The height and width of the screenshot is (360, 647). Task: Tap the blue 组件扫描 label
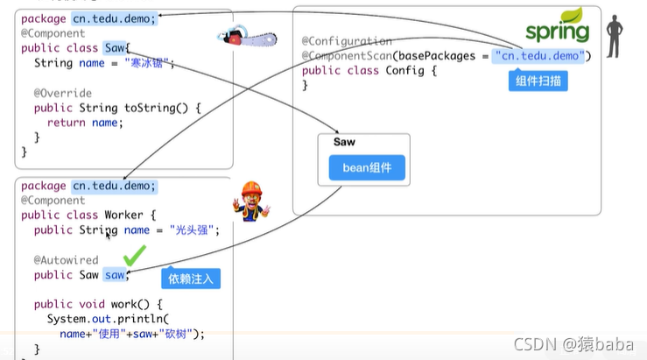(x=538, y=81)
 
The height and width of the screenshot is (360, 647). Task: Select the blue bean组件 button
(x=367, y=167)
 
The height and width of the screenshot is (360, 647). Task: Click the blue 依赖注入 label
(x=191, y=279)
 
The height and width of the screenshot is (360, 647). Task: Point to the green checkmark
(x=134, y=257)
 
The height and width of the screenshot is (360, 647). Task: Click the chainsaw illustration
(x=246, y=38)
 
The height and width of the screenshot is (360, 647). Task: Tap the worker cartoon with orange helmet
(x=251, y=201)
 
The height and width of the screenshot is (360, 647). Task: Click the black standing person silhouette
(x=616, y=36)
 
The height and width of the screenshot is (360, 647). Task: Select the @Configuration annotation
(x=347, y=41)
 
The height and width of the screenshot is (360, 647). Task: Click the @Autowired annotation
(x=66, y=260)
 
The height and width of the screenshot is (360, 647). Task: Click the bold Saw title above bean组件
(x=344, y=142)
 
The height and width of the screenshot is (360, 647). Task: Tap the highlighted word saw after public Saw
(x=116, y=275)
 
